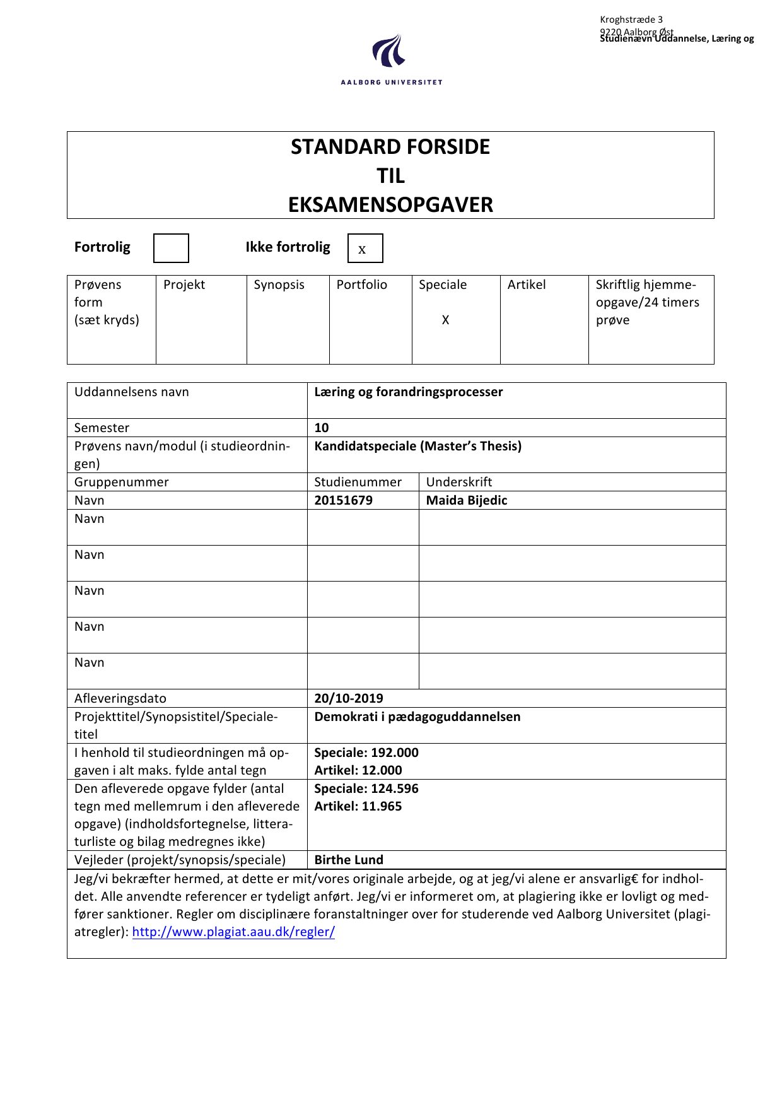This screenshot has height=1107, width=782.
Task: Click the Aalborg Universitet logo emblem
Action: click(388, 52)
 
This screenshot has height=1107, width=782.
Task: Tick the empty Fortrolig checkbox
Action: click(171, 248)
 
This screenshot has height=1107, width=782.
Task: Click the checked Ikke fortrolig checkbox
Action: click(365, 248)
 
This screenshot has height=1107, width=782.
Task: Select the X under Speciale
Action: click(445, 320)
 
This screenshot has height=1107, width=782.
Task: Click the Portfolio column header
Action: click(361, 284)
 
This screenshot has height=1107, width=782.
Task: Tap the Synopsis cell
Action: click(279, 284)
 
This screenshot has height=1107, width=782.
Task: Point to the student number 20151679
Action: click(344, 500)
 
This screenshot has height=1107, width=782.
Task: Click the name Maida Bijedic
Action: click(467, 500)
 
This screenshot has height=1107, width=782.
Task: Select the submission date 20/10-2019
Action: click(349, 698)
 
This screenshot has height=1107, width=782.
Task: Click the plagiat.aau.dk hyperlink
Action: click(233, 932)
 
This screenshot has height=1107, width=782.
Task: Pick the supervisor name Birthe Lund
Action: click(349, 860)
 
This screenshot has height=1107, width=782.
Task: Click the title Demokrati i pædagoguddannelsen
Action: click(417, 717)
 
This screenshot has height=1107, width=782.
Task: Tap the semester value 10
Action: click(322, 428)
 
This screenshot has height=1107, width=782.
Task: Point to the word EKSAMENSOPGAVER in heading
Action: click(390, 204)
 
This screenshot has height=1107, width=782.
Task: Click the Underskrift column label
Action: click(459, 482)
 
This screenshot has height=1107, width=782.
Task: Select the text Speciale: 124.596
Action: click(366, 788)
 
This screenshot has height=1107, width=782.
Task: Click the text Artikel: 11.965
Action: click(358, 806)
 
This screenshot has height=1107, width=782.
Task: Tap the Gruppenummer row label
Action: click(122, 482)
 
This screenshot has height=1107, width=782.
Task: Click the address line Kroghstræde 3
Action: click(631, 20)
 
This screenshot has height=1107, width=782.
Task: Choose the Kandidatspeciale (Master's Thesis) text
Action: click(418, 446)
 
